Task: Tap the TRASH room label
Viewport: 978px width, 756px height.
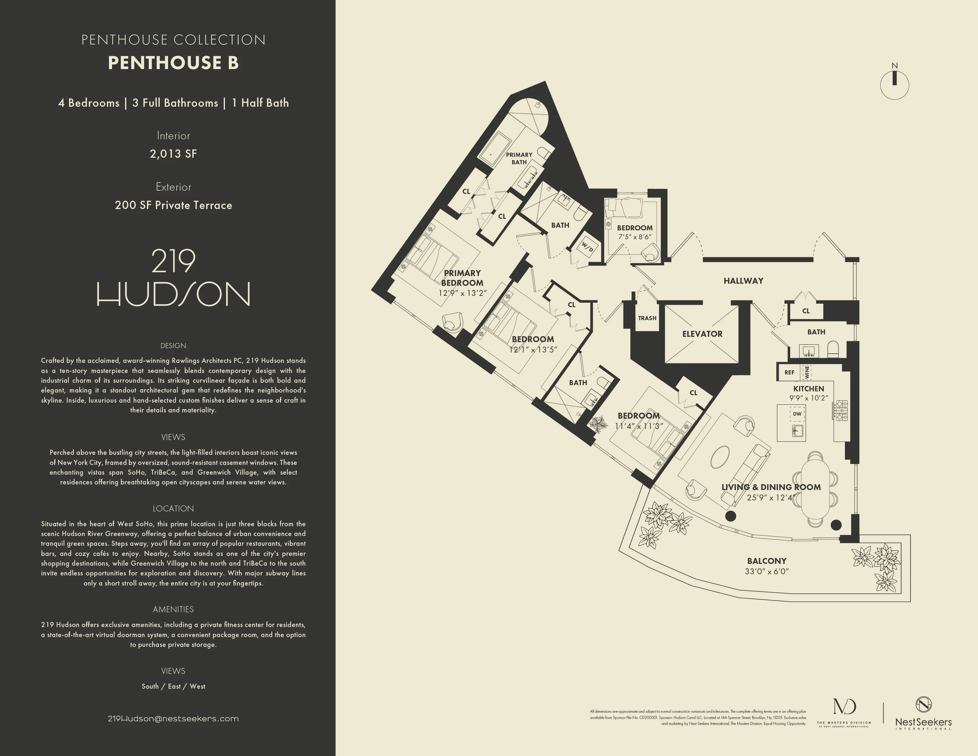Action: click(647, 318)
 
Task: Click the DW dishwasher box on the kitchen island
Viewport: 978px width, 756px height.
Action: click(797, 414)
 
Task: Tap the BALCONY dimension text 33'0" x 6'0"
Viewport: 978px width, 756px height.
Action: click(767, 572)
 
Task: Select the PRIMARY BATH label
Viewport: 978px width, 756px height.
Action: click(519, 158)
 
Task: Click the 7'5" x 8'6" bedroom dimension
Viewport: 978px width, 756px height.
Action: click(635, 237)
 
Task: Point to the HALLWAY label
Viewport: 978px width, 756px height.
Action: click(743, 281)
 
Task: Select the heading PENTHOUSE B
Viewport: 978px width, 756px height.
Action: click(173, 63)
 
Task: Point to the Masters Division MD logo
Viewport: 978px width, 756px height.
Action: click(844, 712)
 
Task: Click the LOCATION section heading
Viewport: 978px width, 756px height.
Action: click(173, 508)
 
